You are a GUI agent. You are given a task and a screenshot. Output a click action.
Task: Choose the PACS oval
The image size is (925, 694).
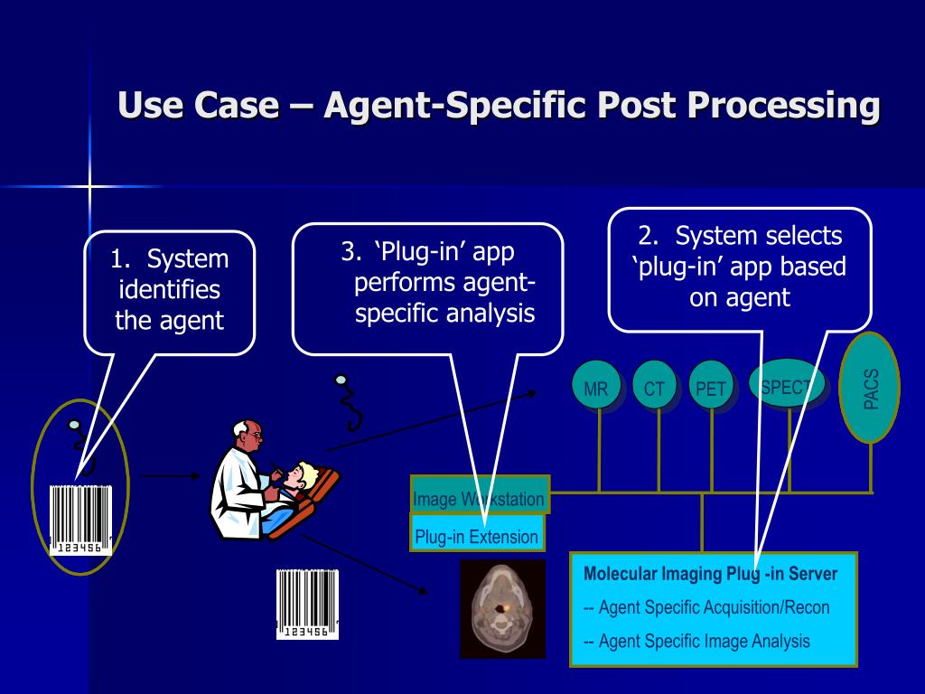(x=870, y=387)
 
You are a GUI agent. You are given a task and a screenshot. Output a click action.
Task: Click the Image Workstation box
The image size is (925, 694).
(x=480, y=494)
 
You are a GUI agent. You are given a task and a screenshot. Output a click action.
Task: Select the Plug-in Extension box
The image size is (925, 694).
(x=477, y=533)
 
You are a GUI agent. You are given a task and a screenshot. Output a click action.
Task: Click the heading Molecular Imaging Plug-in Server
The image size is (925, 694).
(x=710, y=574)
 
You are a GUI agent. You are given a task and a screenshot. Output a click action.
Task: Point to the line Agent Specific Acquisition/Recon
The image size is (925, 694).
(x=706, y=607)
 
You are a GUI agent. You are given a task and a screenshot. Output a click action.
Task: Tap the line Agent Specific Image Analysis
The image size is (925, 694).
(x=696, y=641)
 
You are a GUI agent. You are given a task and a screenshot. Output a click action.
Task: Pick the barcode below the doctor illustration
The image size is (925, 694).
(x=307, y=604)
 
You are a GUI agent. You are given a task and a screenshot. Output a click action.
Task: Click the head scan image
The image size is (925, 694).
(x=502, y=608)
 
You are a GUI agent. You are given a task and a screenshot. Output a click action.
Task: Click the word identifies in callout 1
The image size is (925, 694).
(x=169, y=290)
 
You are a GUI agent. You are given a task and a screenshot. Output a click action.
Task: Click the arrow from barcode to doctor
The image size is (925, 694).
(x=171, y=475)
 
